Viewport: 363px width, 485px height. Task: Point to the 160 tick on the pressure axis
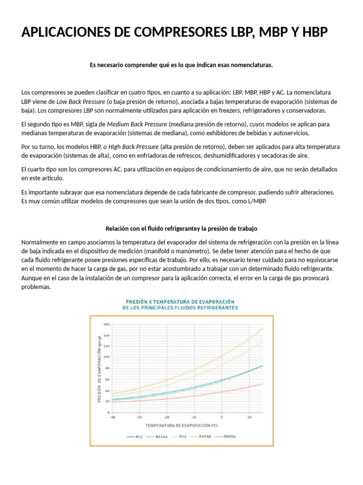pyautogui.click(x=106, y=324)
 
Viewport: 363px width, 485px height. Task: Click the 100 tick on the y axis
pyautogui.click(x=106, y=358)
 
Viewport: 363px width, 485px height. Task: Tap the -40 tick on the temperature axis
pyautogui.click(x=112, y=417)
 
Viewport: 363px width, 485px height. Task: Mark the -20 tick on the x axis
pyautogui.click(x=166, y=417)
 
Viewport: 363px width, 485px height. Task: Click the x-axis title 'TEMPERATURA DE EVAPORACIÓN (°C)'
pyautogui.click(x=181, y=425)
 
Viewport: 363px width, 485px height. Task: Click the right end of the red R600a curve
pyautogui.click(x=262, y=384)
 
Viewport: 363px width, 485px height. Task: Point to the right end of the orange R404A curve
pyautogui.click(x=262, y=329)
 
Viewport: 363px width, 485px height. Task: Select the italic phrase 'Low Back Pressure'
pyautogui.click(x=81, y=101)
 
